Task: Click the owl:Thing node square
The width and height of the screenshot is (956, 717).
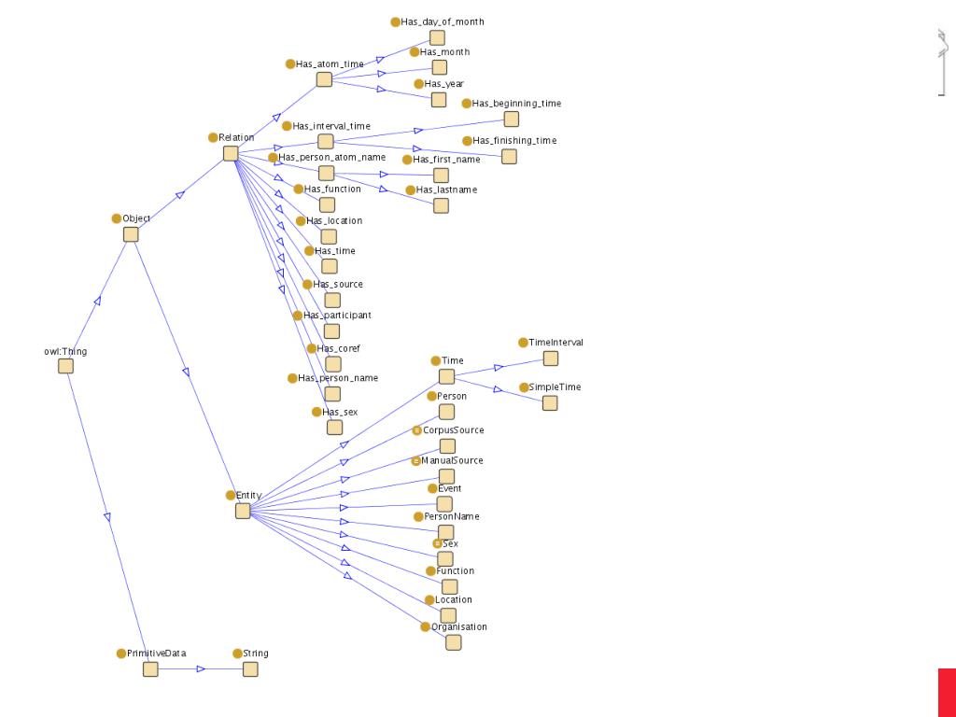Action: [x=65, y=366]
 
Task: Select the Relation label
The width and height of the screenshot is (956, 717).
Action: [x=236, y=138]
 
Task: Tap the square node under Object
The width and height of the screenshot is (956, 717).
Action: [x=131, y=234]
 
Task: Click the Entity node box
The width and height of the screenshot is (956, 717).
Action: [x=243, y=511]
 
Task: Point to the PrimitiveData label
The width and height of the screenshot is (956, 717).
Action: [x=156, y=654]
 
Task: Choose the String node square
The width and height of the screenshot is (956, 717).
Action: [x=250, y=669]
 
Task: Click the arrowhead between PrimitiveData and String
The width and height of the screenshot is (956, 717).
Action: [x=201, y=669]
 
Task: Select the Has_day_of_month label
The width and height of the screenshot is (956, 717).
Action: [x=443, y=22]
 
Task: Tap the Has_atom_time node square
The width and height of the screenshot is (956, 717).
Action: [x=324, y=79]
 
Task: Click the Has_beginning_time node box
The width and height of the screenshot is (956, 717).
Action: [x=511, y=119]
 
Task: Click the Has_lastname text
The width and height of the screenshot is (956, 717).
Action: [x=446, y=190]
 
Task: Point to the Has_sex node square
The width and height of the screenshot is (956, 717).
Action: [x=334, y=427]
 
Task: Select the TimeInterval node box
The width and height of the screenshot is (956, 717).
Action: [x=551, y=358]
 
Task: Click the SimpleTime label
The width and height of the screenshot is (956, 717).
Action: [x=555, y=387]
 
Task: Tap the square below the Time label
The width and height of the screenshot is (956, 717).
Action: [x=446, y=376]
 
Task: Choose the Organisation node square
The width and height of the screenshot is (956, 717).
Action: [x=453, y=642]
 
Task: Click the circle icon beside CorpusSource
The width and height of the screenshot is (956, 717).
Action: [x=417, y=430]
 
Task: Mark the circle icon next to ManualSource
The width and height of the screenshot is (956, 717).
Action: [x=416, y=461]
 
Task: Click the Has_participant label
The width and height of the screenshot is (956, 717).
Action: [x=337, y=316]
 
